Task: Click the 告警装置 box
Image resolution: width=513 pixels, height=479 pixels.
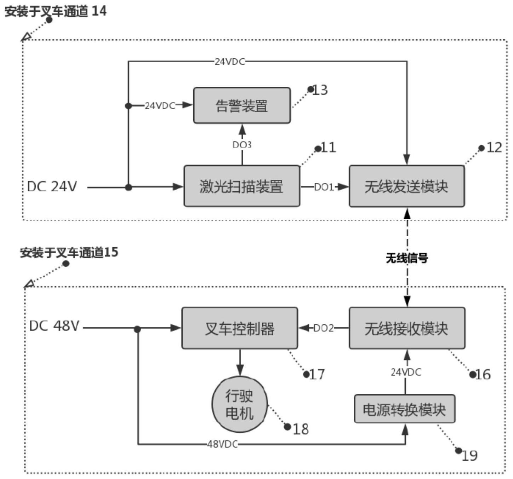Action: pyautogui.click(x=242, y=105)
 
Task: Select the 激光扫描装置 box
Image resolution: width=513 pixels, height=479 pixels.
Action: pyautogui.click(x=242, y=186)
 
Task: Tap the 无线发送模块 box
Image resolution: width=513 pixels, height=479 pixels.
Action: pyautogui.click(x=407, y=186)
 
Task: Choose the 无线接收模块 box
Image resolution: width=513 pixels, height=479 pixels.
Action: pyautogui.click(x=407, y=328)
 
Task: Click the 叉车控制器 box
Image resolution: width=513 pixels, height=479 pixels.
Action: pyautogui.click(x=240, y=328)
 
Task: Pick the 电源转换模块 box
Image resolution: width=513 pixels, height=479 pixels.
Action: pyautogui.click(x=405, y=409)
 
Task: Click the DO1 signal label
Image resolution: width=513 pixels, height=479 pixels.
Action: pyautogui.click(x=324, y=187)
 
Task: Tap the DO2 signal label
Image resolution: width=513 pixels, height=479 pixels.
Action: pyautogui.click(x=323, y=328)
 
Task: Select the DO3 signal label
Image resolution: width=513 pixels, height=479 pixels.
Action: pyautogui.click(x=242, y=145)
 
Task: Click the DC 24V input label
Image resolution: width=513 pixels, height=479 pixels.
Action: pyautogui.click(x=52, y=186)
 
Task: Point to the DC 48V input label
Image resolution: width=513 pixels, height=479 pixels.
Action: pyautogui.click(x=54, y=326)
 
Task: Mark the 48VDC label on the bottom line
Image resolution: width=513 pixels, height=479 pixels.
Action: pyautogui.click(x=222, y=444)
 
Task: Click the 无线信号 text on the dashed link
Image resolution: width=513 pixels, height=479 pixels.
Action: pyautogui.click(x=407, y=258)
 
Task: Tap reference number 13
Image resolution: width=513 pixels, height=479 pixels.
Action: pyautogui.click(x=320, y=90)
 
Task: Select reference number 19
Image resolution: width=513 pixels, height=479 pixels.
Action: pyautogui.click(x=470, y=456)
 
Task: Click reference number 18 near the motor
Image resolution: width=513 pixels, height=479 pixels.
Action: pyautogui.click(x=301, y=429)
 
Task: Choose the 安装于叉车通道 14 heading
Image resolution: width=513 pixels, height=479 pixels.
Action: pyautogui.click(x=56, y=11)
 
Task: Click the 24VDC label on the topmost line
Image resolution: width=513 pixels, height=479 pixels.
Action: pyautogui.click(x=230, y=62)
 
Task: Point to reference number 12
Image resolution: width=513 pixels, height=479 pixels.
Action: pyautogui.click(x=494, y=148)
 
